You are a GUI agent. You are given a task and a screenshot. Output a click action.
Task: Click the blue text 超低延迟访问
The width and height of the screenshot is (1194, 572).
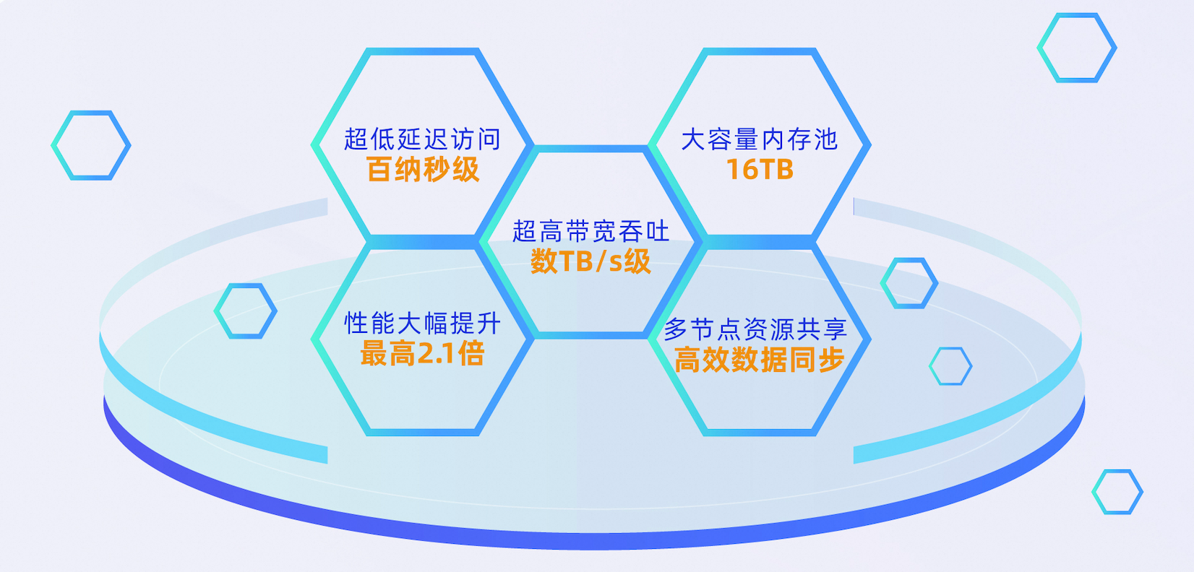(421, 139)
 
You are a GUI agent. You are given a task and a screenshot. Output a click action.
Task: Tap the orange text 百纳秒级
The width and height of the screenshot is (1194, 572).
(423, 170)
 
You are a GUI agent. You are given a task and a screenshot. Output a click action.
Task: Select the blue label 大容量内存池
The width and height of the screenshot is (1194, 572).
(759, 139)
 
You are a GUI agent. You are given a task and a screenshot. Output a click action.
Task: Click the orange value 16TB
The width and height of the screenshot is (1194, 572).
(760, 170)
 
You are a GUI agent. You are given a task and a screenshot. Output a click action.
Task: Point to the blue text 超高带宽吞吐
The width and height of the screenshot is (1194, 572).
(590, 231)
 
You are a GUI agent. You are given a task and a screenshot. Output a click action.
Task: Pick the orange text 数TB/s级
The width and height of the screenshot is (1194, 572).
(590, 261)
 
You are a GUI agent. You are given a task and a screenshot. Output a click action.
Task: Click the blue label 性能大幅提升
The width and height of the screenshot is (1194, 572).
(422, 324)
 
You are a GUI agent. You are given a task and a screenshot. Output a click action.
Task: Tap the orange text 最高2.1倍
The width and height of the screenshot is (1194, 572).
(422, 354)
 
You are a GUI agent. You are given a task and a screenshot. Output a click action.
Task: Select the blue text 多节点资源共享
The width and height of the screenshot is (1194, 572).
(755, 329)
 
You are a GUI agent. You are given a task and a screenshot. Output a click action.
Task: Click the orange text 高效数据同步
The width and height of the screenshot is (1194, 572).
(759, 360)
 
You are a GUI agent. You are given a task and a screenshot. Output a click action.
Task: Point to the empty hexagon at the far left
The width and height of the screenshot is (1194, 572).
(53, 145)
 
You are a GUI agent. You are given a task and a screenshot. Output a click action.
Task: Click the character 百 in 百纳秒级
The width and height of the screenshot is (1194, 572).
(380, 170)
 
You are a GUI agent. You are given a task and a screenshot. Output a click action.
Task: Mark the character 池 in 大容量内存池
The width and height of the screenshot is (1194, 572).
(825, 139)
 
